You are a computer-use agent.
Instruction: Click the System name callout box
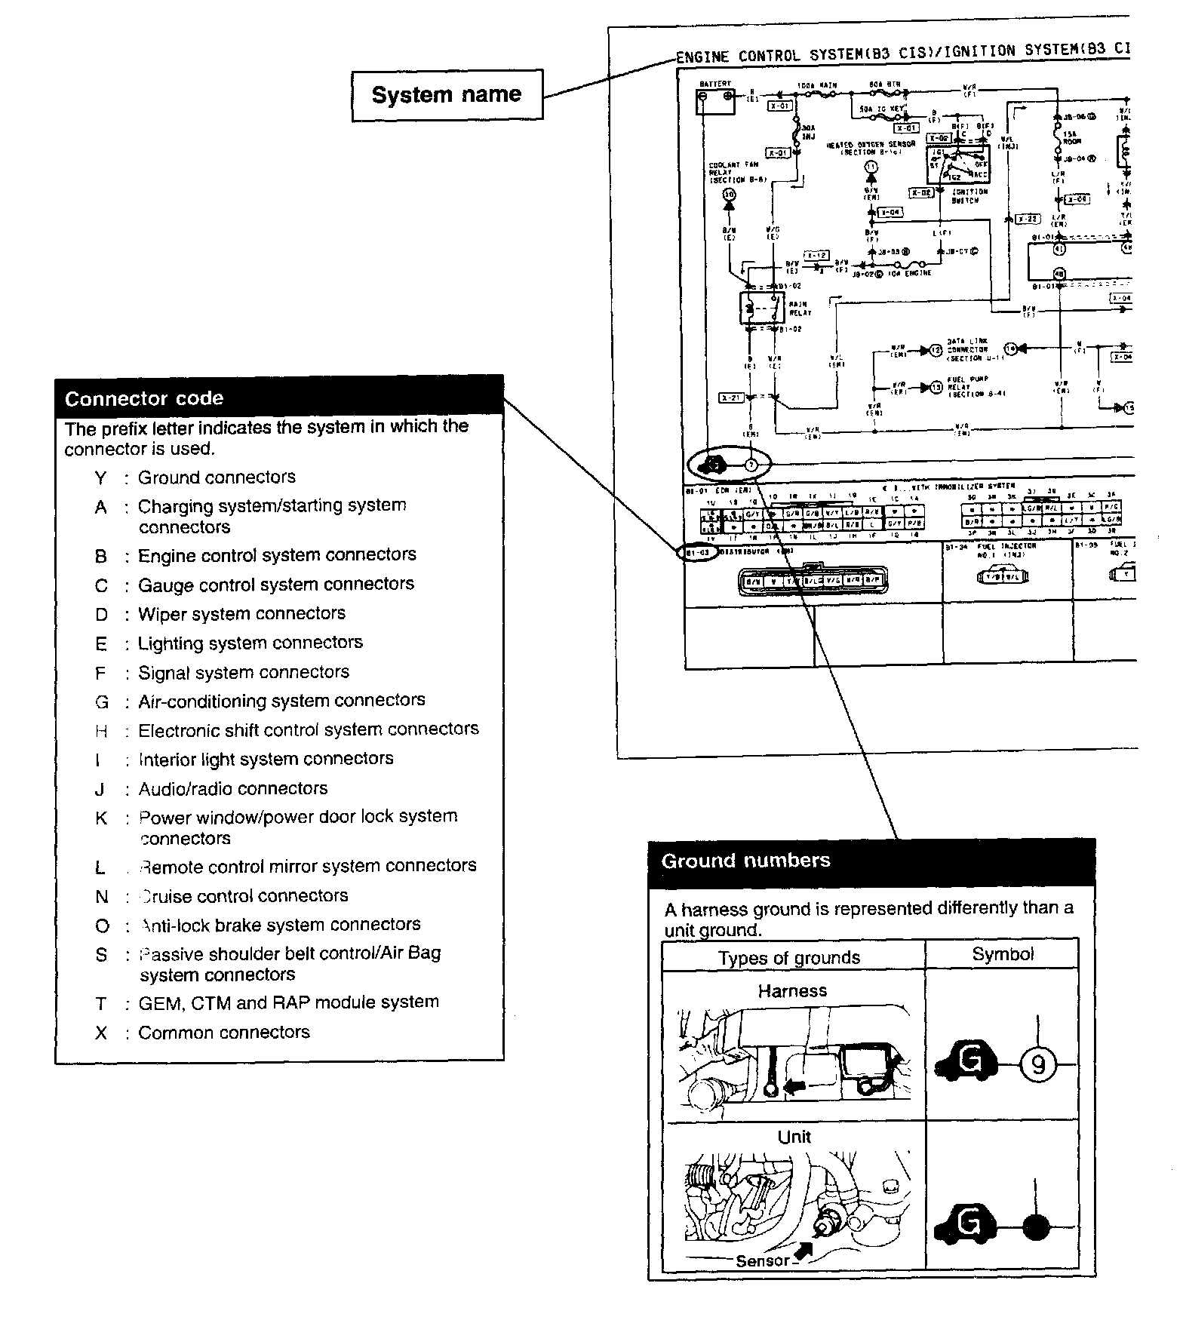(x=447, y=95)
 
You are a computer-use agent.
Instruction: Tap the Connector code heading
(x=144, y=398)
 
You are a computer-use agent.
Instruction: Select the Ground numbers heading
(x=745, y=861)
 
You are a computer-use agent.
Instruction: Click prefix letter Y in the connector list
(x=100, y=477)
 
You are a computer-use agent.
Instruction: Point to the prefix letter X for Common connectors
(x=101, y=1033)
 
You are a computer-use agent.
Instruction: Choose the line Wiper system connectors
(x=241, y=613)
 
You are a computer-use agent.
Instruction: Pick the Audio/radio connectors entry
(x=233, y=788)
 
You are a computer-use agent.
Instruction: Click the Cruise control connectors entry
(x=244, y=895)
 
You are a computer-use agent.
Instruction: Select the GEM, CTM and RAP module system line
(x=288, y=1002)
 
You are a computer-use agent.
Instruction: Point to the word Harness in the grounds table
(x=792, y=991)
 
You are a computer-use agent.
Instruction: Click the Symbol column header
(x=1003, y=954)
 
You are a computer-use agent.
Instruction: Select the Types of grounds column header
(x=789, y=958)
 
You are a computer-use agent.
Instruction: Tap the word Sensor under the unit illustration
(x=762, y=1260)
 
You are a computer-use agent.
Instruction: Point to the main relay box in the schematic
(x=762, y=307)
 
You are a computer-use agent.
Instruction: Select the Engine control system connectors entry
(x=277, y=555)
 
